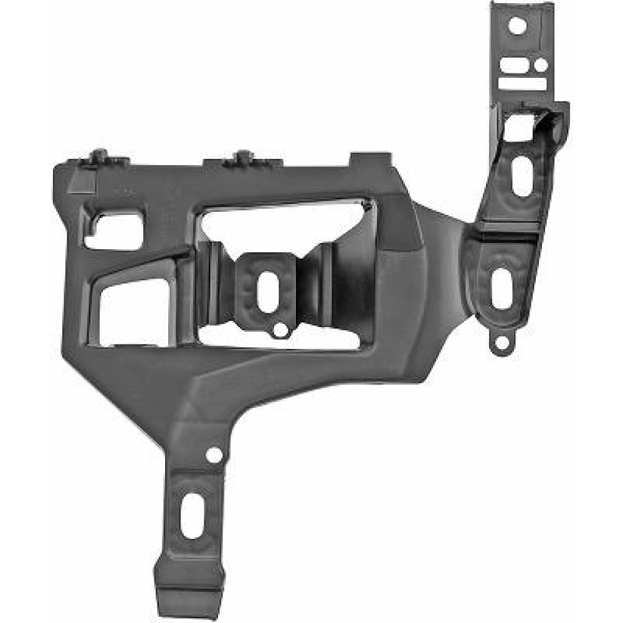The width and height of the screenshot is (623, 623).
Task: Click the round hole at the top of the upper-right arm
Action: tap(517, 26)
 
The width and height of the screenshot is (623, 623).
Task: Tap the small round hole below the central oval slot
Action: tap(280, 328)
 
